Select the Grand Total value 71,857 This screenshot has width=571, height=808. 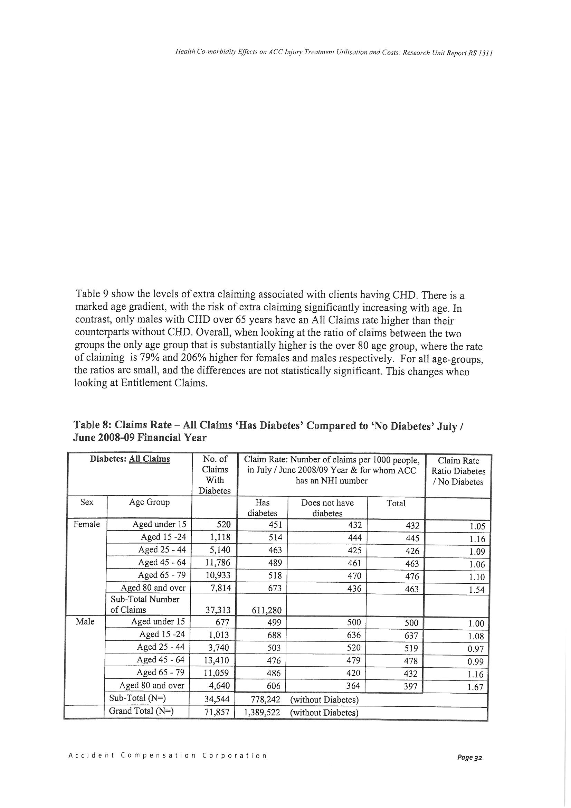tap(217, 712)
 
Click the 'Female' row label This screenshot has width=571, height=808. tap(87, 525)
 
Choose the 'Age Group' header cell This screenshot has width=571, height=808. tap(149, 502)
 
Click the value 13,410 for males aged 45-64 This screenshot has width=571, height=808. tap(216, 660)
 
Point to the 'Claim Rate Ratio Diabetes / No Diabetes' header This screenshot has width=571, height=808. tap(458, 471)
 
